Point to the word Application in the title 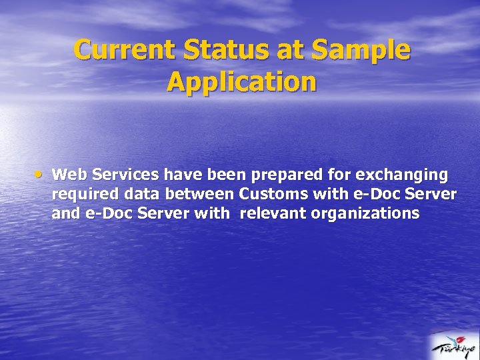pos(241,82)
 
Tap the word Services pos(126,175)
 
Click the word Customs pos(270,194)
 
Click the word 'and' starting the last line pos(64,213)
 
